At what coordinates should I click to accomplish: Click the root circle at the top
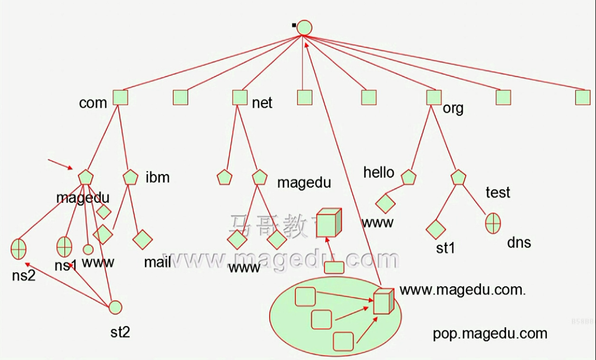(x=304, y=27)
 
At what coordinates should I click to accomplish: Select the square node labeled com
(x=120, y=97)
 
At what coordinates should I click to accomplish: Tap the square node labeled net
(x=240, y=97)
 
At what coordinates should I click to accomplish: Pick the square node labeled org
(x=433, y=97)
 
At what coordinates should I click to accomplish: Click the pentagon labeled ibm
(x=130, y=177)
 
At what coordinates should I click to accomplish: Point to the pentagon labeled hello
(x=409, y=176)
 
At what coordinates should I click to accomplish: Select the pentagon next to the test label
(x=459, y=177)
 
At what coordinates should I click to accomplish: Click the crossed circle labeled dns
(x=493, y=222)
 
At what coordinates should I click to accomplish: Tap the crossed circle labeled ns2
(x=19, y=249)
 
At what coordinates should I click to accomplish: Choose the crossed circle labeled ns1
(x=64, y=247)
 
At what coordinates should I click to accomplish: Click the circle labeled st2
(x=115, y=307)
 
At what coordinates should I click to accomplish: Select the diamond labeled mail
(x=142, y=238)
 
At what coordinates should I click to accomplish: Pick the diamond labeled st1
(x=436, y=229)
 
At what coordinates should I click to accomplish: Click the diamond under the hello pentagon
(x=385, y=203)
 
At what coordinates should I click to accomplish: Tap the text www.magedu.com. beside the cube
(x=463, y=290)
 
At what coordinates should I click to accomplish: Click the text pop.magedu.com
(x=490, y=334)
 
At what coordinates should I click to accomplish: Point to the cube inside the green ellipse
(x=383, y=301)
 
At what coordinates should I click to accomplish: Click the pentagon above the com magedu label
(x=85, y=177)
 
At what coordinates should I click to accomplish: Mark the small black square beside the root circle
(x=294, y=25)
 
